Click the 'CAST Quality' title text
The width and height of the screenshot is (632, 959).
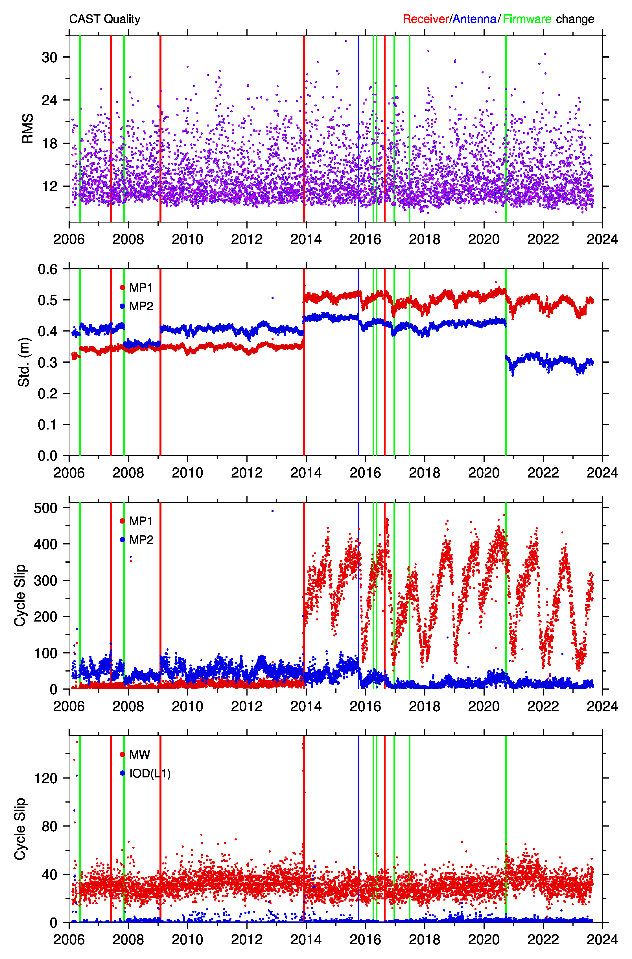tap(105, 19)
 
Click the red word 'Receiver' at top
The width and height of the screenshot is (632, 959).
tap(426, 19)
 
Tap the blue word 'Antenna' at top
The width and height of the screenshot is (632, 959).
tap(474, 19)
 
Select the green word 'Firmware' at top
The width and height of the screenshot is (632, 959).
tap(527, 19)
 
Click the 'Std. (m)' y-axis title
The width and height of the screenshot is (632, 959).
tap(24, 362)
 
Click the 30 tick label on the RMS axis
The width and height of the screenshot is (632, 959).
tap(50, 57)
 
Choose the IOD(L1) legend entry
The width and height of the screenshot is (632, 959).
tap(145, 773)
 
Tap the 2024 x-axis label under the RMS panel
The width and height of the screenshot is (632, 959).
tap(602, 239)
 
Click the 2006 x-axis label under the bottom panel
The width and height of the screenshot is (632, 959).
tap(69, 940)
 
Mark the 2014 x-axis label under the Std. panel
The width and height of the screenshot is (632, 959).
tap(306, 473)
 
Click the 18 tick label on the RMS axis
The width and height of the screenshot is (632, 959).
tap(50, 143)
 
